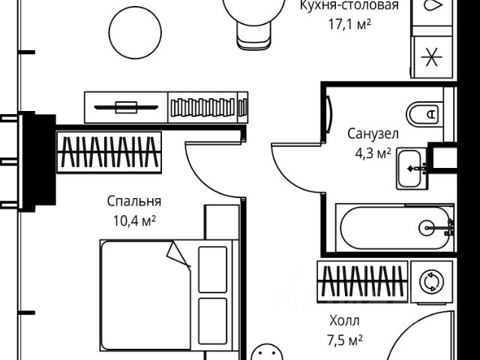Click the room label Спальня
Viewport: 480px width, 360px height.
pos(134,202)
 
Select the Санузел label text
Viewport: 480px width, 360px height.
pos(372,135)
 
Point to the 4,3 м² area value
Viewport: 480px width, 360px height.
pos(372,153)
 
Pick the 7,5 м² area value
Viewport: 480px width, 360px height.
pos(345,341)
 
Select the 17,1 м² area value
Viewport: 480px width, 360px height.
pos(345,24)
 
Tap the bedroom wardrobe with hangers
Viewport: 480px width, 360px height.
pos(109,154)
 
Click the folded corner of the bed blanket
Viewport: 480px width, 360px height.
pos(180,253)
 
